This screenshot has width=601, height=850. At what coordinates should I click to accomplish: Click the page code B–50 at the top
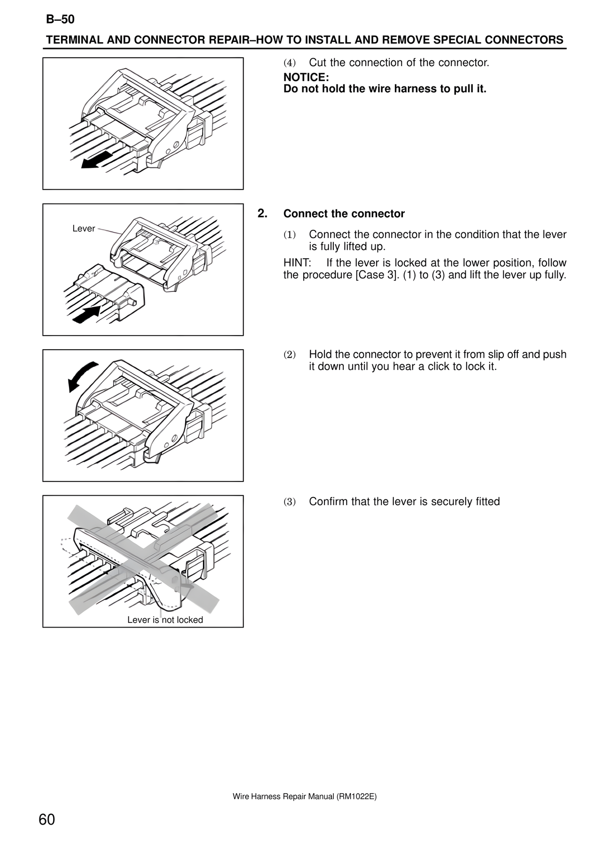(60, 19)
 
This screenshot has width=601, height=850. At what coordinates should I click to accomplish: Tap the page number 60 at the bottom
(47, 820)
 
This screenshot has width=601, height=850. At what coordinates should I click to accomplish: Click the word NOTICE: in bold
(306, 77)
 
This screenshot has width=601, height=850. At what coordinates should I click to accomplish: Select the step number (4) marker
(290, 63)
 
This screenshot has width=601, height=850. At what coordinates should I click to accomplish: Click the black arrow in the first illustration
(97, 160)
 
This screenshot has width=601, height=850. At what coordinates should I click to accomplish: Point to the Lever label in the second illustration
(84, 229)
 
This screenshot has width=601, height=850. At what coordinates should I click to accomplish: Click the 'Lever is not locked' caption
(165, 620)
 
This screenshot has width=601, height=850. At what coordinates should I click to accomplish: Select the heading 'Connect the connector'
(344, 214)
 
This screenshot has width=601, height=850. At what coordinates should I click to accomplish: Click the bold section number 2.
(262, 214)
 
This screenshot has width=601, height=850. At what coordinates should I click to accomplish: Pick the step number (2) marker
(290, 355)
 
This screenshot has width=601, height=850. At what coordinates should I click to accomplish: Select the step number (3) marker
(290, 502)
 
